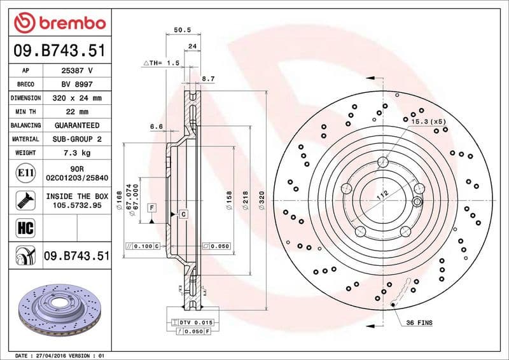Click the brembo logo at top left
59,24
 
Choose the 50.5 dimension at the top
183,29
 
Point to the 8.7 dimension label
207,78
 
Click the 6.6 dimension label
157,127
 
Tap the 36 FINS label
419,323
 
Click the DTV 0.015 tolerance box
195,323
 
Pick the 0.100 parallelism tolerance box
143,246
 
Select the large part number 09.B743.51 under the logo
59,49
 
